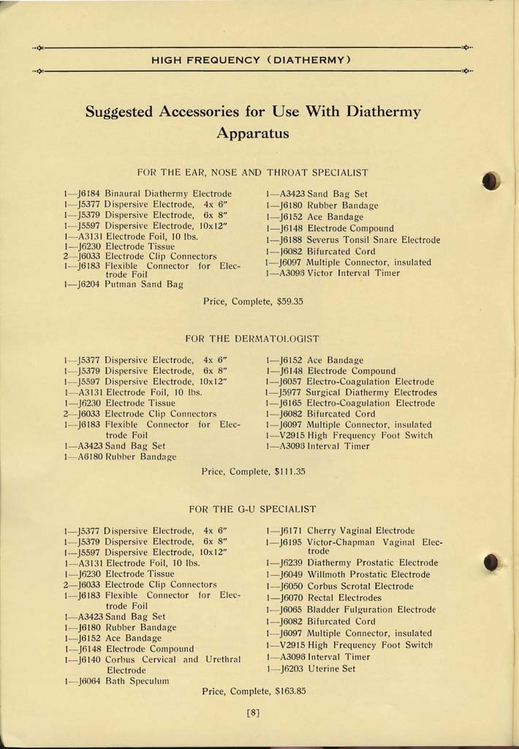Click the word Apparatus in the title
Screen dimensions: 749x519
click(x=253, y=134)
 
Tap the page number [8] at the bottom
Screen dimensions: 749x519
click(x=254, y=714)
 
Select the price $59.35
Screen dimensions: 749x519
click(x=286, y=301)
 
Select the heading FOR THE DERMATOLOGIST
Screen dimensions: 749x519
click(x=253, y=339)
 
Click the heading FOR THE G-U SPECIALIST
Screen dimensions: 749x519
click(x=252, y=508)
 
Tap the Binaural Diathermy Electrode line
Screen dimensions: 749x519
click(x=167, y=194)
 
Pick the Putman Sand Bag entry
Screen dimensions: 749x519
click(x=143, y=285)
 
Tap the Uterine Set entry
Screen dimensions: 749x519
click(x=331, y=669)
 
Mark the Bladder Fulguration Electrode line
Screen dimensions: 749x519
click(x=371, y=609)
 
